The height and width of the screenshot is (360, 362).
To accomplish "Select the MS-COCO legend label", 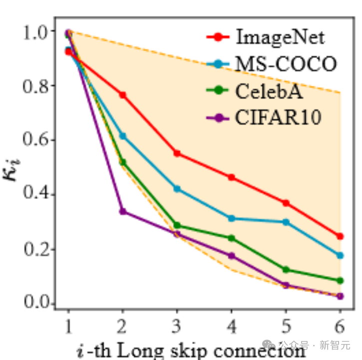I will (x=286, y=64).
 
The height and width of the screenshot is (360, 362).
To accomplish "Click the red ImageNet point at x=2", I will (x=123, y=95).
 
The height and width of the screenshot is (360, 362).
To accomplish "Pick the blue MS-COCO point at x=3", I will (x=177, y=189).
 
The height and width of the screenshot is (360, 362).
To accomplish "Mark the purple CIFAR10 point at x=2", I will (x=123, y=211).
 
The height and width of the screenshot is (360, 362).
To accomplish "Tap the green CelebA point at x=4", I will (x=231, y=238).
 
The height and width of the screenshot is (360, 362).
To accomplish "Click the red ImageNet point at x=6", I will (x=340, y=236).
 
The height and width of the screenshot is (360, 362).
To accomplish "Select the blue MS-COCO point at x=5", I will (x=286, y=222).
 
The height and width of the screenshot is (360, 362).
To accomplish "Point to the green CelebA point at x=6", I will (x=340, y=280).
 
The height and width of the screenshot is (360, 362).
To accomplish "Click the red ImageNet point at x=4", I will (x=231, y=177).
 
